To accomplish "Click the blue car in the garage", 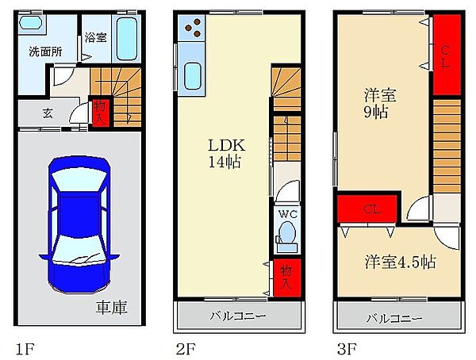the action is [x=79, y=225].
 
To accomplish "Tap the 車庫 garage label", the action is [x=111, y=308].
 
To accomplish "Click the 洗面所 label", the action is [x=45, y=52].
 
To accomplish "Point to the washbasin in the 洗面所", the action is [x=31, y=22].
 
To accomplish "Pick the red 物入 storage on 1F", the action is [x=100, y=113].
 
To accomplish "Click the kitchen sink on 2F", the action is [x=192, y=76].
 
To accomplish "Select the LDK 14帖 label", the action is [x=226, y=154].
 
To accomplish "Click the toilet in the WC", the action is [x=286, y=236].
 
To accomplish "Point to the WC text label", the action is [x=287, y=214].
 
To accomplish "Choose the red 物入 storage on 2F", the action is [x=287, y=278].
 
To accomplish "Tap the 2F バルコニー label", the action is [x=238, y=316].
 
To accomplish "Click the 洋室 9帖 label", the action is [x=378, y=104].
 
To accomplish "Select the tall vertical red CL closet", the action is [x=447, y=55].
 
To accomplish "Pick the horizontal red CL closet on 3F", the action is [x=367, y=209].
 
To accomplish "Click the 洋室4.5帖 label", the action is [x=401, y=262].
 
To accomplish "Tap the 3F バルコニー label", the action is [x=394, y=319].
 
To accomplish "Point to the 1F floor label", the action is [x=25, y=349].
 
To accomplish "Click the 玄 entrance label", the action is [x=48, y=113].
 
